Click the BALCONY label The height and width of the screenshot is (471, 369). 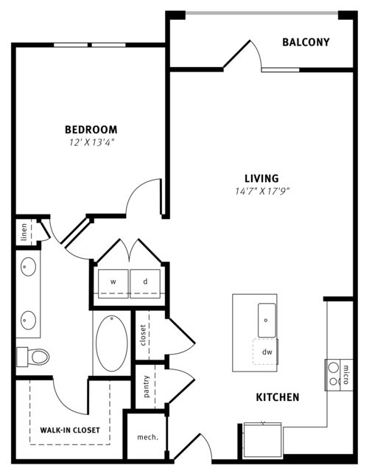click(x=306, y=42)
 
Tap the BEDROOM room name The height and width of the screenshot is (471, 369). click(x=91, y=130)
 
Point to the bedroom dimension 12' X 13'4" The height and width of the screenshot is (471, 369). click(x=93, y=142)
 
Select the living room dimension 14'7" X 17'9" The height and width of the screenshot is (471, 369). click(x=262, y=191)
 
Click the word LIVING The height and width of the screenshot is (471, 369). click(x=261, y=178)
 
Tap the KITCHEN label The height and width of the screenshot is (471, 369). click(x=278, y=397)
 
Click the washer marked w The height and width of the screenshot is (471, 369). click(x=113, y=284)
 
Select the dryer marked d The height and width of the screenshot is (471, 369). click(x=145, y=284)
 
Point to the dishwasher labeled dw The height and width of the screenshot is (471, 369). click(x=266, y=352)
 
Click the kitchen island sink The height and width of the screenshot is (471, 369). click(x=267, y=320)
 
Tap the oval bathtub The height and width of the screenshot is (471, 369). click(x=112, y=343)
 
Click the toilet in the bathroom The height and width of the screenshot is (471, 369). click(x=32, y=357)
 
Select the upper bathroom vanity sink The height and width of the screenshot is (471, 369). click(x=28, y=266)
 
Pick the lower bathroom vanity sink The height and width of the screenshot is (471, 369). click(x=28, y=321)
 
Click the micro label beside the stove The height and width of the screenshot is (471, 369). click(x=346, y=374)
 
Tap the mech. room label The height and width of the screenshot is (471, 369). click(x=147, y=437)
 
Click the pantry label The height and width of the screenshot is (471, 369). click(x=147, y=386)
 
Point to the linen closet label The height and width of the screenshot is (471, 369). click(x=24, y=232)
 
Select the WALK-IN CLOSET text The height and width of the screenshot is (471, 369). click(x=70, y=430)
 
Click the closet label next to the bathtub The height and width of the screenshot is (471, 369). click(x=143, y=335)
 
